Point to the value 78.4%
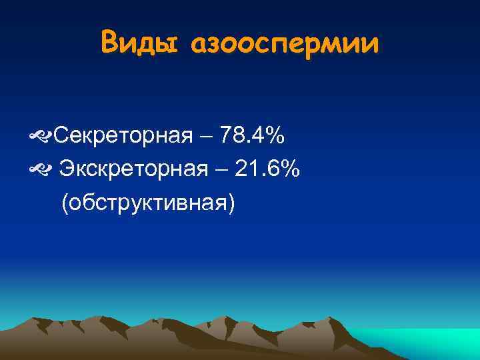pos(253,137)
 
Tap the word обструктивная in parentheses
pos(148,203)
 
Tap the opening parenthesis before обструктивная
pos(65,203)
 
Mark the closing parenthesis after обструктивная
pos(231,203)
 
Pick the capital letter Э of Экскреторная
pos(67,170)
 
